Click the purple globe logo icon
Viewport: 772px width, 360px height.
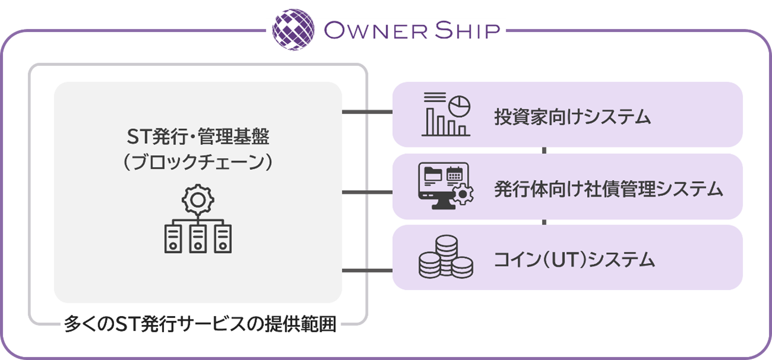[294, 29]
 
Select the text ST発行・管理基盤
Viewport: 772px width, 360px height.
[198, 138]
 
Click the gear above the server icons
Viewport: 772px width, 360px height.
[198, 201]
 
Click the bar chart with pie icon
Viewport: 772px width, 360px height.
[445, 114]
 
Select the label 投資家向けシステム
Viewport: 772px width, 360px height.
[572, 117]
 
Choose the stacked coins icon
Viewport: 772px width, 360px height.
[445, 257]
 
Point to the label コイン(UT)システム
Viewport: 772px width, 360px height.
[574, 260]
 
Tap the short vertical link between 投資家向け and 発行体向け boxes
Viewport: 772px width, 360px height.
[544, 150]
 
